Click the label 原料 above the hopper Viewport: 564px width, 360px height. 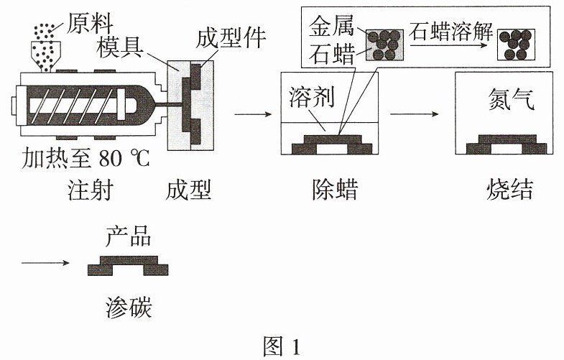[x=89, y=24]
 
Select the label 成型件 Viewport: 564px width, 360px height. [x=231, y=38]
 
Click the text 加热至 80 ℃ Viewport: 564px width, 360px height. [x=85, y=158]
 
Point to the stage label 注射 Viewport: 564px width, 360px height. [x=90, y=190]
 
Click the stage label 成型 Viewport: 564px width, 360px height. [x=188, y=190]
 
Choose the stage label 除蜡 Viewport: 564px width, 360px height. [x=335, y=190]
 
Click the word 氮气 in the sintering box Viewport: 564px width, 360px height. [x=511, y=99]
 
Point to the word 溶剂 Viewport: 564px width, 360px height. [x=312, y=97]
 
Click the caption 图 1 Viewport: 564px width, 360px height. [x=282, y=346]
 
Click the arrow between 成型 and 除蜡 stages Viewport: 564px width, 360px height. [x=253, y=114]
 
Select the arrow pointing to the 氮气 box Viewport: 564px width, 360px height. [x=415, y=114]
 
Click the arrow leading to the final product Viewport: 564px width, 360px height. [x=45, y=263]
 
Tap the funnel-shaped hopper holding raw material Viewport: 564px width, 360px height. [x=46, y=56]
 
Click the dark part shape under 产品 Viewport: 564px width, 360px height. [x=128, y=265]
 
